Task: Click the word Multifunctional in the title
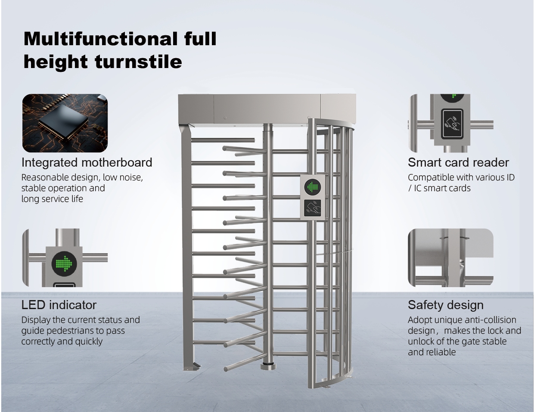(x=100, y=39)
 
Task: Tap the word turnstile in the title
(x=139, y=62)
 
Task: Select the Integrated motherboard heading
(x=87, y=163)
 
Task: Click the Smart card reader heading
(x=458, y=162)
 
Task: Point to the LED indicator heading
(x=59, y=305)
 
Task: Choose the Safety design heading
(x=446, y=305)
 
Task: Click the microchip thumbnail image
(x=65, y=123)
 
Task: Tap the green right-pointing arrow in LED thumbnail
(x=64, y=263)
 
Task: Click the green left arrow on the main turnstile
(x=312, y=186)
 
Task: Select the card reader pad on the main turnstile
(x=312, y=208)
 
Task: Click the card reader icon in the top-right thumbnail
(x=453, y=124)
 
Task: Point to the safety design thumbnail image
(x=451, y=258)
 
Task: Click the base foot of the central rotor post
(x=268, y=366)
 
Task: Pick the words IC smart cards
(x=442, y=188)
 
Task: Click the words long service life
(x=52, y=199)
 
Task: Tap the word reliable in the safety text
(x=441, y=352)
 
